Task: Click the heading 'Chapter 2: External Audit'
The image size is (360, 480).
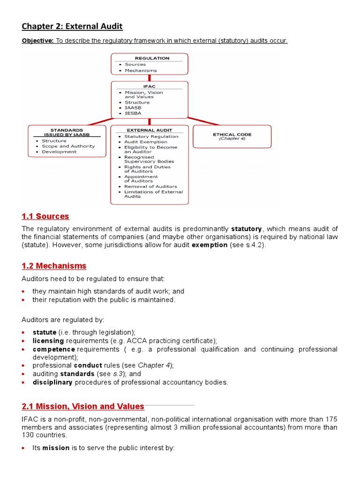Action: tap(72, 26)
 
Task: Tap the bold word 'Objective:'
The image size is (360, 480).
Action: tap(37, 41)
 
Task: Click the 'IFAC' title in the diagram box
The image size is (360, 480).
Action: tap(149, 86)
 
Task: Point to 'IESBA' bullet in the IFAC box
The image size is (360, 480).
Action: tap(133, 113)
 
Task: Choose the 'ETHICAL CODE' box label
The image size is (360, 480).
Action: tap(232, 134)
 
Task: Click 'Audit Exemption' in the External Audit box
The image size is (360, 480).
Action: tap(145, 142)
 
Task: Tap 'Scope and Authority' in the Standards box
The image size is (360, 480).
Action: tap(68, 146)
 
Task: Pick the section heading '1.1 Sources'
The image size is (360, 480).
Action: tap(45, 216)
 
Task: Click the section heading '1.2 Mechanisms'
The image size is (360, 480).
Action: tap(54, 266)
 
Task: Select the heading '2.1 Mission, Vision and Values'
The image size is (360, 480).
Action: tap(83, 406)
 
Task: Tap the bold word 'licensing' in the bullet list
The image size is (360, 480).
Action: tap(48, 340)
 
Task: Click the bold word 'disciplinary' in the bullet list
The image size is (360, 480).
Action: tap(52, 382)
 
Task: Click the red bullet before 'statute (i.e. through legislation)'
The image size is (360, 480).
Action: tap(24, 332)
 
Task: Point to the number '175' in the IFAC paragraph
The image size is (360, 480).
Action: tap(331, 419)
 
